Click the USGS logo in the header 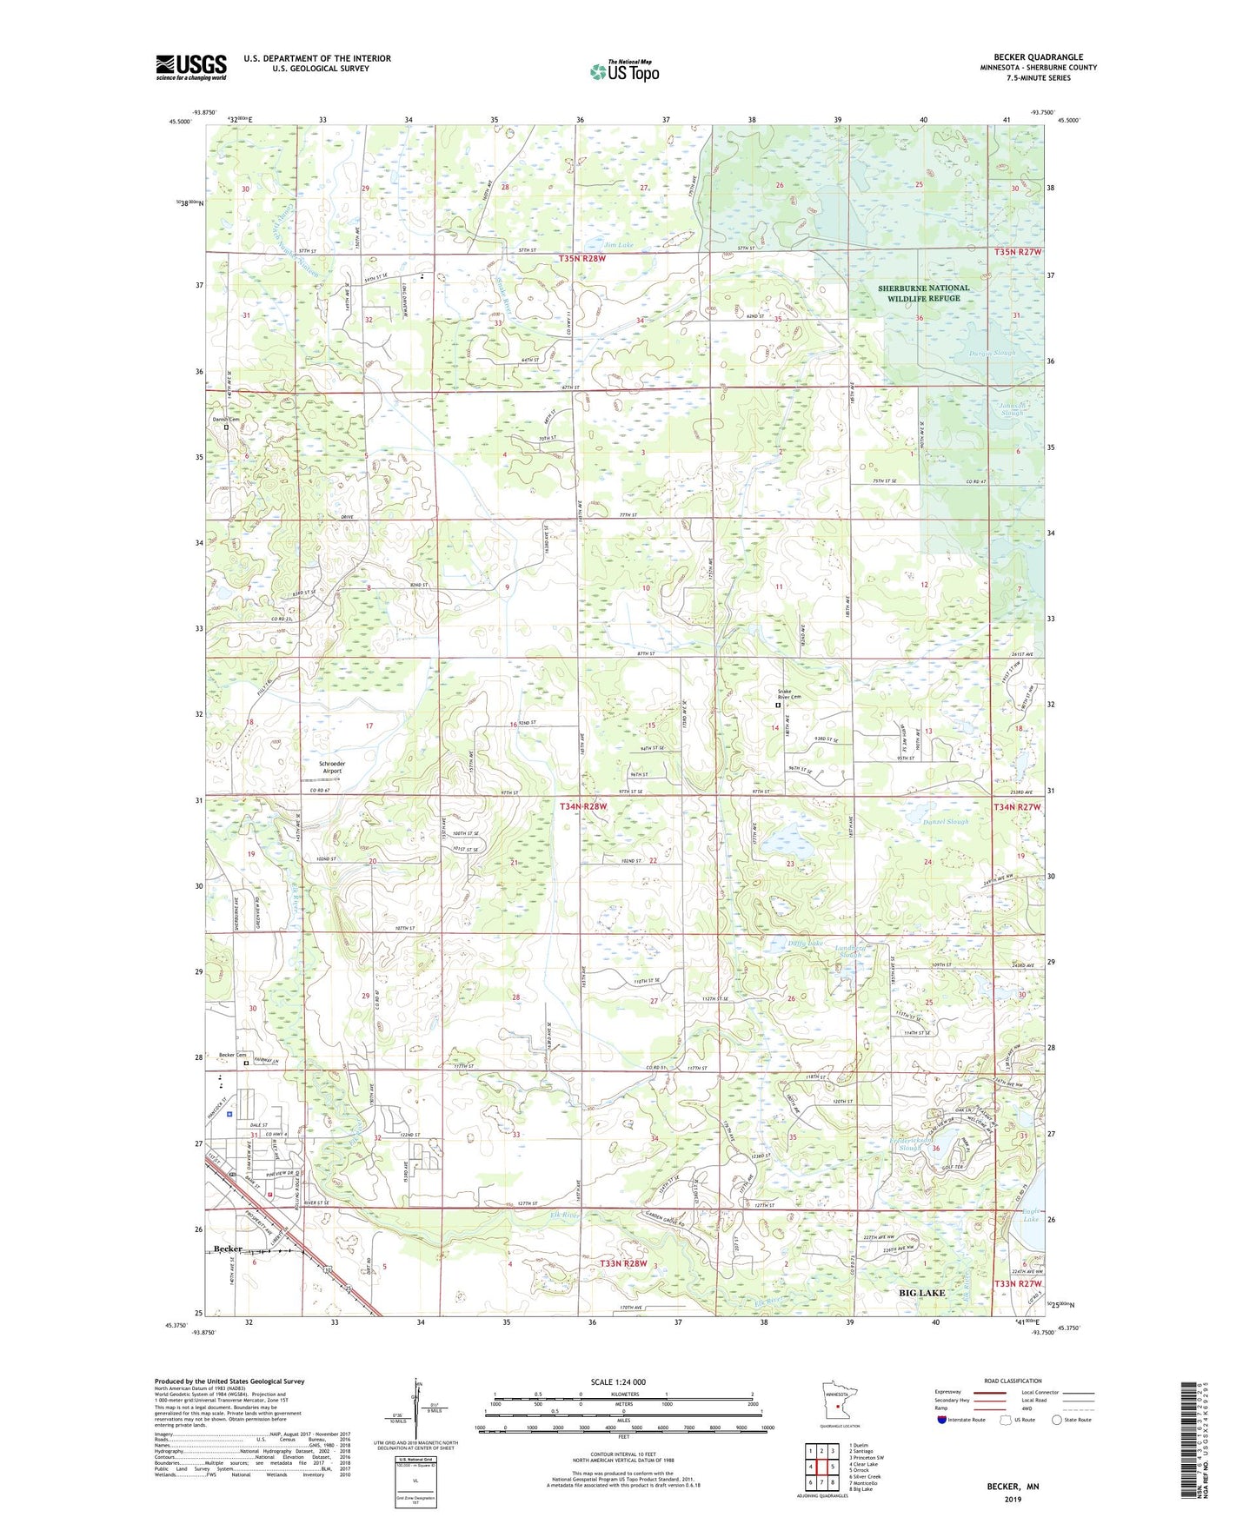tap(191, 67)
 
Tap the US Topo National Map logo tap(623, 71)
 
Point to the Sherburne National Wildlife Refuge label tap(923, 293)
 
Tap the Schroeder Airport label tap(332, 767)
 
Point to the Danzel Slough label tap(945, 821)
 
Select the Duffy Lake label tap(805, 943)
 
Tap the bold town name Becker tap(228, 1249)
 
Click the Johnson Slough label tap(1012, 408)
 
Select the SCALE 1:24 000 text tap(618, 1381)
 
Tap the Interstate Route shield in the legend tap(943, 1420)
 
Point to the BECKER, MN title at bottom tap(1013, 1487)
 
